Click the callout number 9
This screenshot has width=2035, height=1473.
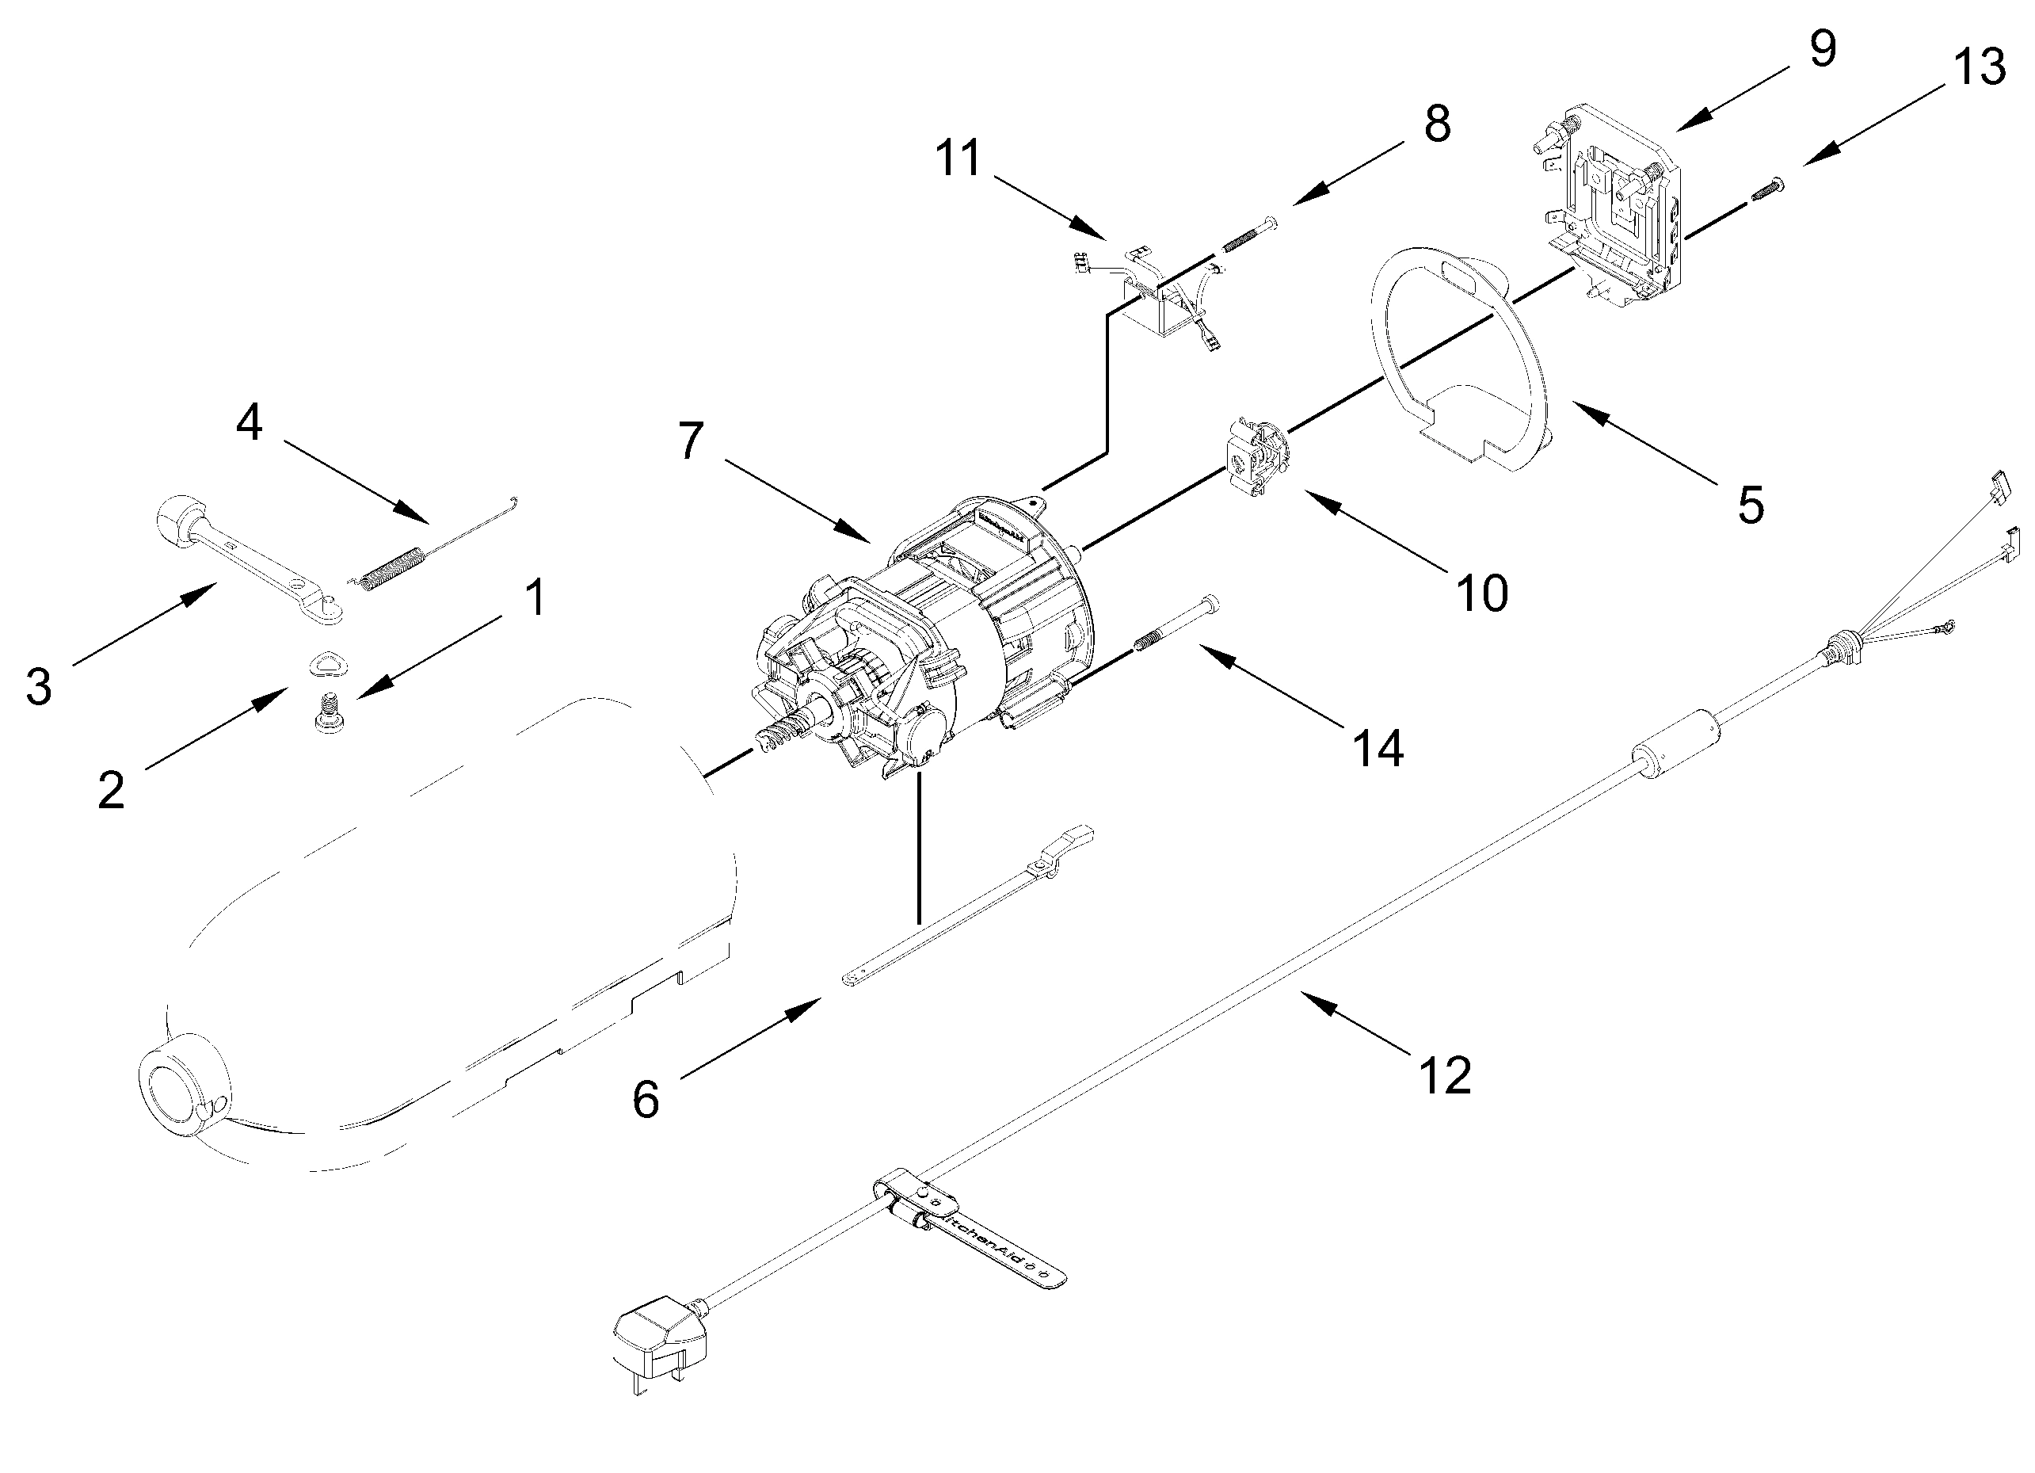(1821, 49)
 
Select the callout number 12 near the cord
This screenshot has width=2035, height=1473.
(1444, 1074)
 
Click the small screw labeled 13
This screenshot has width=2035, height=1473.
(1766, 189)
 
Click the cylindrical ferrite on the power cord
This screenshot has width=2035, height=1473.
(1675, 745)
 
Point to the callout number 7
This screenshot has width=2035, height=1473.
(690, 442)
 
